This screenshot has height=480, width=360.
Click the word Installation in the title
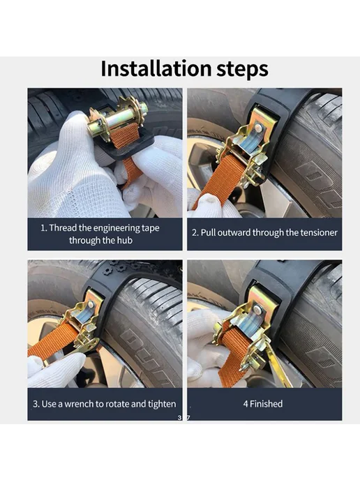click(x=156, y=68)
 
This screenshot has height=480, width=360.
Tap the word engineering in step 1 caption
click(x=117, y=228)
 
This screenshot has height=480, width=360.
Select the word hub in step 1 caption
click(x=124, y=240)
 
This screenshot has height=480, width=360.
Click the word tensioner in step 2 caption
click(x=319, y=232)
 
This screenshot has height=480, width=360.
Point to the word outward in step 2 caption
click(x=226, y=232)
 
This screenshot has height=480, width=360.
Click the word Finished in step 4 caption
click(x=266, y=404)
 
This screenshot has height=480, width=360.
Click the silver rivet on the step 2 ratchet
click(x=259, y=128)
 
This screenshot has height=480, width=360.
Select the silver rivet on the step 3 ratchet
click(x=91, y=305)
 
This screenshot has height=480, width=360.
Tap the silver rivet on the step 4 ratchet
click(x=257, y=310)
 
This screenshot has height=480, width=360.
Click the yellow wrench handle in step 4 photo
click(x=278, y=365)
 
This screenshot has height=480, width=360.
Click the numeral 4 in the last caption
click(x=246, y=404)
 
